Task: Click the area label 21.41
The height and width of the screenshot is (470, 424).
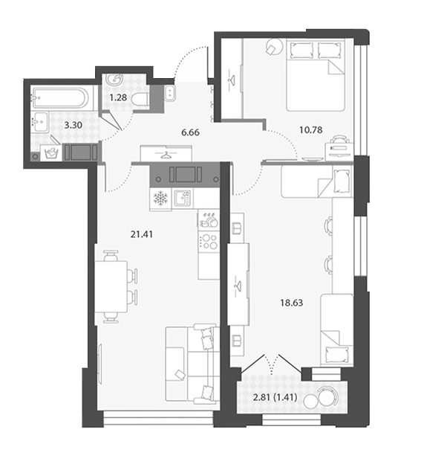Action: coord(142,234)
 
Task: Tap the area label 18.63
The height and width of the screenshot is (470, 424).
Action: coord(291,303)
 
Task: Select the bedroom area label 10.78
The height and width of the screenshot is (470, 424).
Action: coord(311,130)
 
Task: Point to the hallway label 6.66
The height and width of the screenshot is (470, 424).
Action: coord(190,132)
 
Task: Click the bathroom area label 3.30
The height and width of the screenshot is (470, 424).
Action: coord(74,125)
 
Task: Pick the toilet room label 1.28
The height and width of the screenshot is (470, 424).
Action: coord(118,97)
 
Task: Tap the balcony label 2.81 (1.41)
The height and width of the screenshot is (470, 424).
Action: coord(275,397)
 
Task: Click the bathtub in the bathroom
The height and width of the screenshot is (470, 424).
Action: coord(61,97)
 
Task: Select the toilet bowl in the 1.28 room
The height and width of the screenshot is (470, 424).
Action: coord(140,99)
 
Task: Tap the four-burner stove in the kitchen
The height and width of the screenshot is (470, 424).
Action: coord(209,242)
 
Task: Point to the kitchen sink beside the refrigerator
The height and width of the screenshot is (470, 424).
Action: coord(183,198)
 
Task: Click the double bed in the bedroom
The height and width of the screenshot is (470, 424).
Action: coord(316,75)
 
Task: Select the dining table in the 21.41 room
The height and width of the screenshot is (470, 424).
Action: coord(111,286)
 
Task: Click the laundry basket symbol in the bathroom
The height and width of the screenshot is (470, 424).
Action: coord(51,153)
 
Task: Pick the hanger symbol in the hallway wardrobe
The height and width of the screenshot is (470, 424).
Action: coord(166,155)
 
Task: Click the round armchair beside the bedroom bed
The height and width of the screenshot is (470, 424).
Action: coord(274,47)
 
